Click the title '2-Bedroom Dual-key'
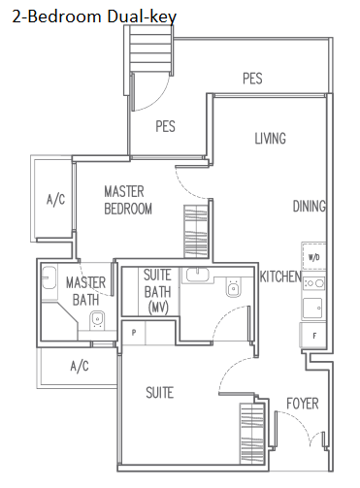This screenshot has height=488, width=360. tap(94, 16)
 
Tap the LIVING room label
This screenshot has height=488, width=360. tap(271, 139)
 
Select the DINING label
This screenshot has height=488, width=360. tap(309, 207)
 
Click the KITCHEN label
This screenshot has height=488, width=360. tap(280, 277)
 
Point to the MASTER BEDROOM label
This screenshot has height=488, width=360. tap(128, 200)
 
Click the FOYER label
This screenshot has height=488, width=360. tap(303, 404)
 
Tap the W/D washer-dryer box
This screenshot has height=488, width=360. tap(313, 257)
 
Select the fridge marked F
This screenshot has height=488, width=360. tap(313, 336)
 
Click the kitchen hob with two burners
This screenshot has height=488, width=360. tap(313, 283)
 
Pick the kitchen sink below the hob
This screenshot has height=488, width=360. tap(312, 308)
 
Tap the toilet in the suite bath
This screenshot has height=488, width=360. tap(233, 287)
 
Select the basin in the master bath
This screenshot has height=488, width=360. tap(49, 277)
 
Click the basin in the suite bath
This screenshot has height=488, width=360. tap(197, 275)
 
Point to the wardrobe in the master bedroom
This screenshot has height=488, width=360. tap(196, 231)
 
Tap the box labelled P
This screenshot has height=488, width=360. tap(134, 333)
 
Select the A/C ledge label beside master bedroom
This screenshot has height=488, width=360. tap(55, 199)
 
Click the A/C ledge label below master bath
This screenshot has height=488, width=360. tap(80, 366)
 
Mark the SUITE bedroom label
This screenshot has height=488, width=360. tap(160, 393)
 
